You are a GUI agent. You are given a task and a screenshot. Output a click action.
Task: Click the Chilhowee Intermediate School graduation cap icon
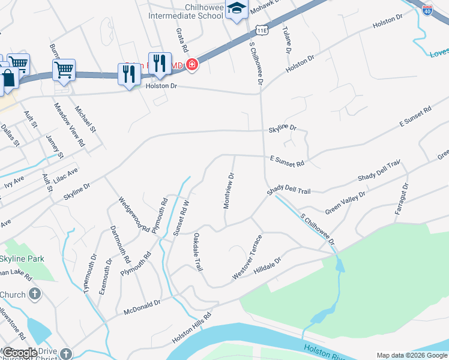[237, 10]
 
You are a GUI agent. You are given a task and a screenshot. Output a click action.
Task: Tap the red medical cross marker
[192, 64]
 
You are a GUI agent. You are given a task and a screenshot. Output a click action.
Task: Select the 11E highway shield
[261, 30]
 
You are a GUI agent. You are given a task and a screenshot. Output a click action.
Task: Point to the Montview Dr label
[229, 191]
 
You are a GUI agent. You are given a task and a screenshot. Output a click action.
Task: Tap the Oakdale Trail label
[196, 253]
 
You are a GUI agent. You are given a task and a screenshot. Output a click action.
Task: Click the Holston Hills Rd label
[192, 328]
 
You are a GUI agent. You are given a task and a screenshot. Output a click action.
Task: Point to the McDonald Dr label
[142, 307]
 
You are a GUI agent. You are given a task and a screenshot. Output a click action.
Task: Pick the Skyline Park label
[22, 259]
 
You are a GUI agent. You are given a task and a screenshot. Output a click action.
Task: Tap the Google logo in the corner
[20, 353]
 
